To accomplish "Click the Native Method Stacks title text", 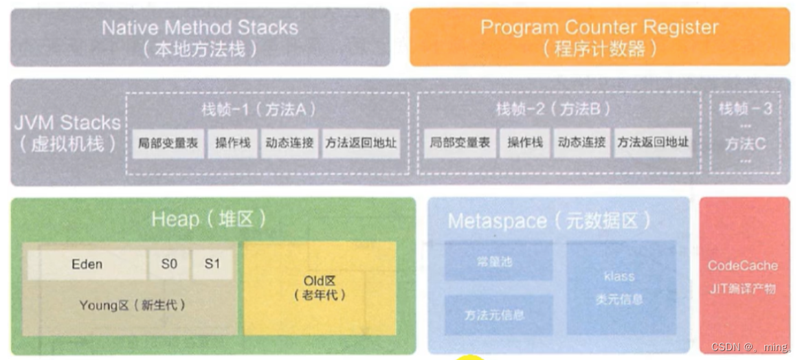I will (x=199, y=27).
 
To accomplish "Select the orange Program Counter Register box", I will (x=599, y=37).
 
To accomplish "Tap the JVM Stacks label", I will (x=67, y=124).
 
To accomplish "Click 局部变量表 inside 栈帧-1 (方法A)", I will (x=168, y=144).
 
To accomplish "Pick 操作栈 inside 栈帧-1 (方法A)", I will (x=232, y=144).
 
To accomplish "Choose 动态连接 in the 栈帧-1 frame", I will (x=289, y=144).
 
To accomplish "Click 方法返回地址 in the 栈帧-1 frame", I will (x=361, y=144).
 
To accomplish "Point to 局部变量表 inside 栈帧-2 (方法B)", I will (x=460, y=144).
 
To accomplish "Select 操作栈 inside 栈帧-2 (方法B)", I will (x=524, y=144).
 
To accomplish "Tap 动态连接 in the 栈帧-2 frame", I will (x=581, y=144).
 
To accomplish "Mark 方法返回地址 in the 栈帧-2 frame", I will (x=652, y=144).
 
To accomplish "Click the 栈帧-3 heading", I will (x=745, y=109).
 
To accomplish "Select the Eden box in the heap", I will (x=87, y=265).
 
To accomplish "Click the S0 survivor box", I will (x=169, y=265).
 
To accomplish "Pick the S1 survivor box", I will (x=212, y=265).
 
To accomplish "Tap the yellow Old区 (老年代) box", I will (x=320, y=288).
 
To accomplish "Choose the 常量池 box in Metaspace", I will (x=498, y=262).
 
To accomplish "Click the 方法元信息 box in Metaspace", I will (x=498, y=315).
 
